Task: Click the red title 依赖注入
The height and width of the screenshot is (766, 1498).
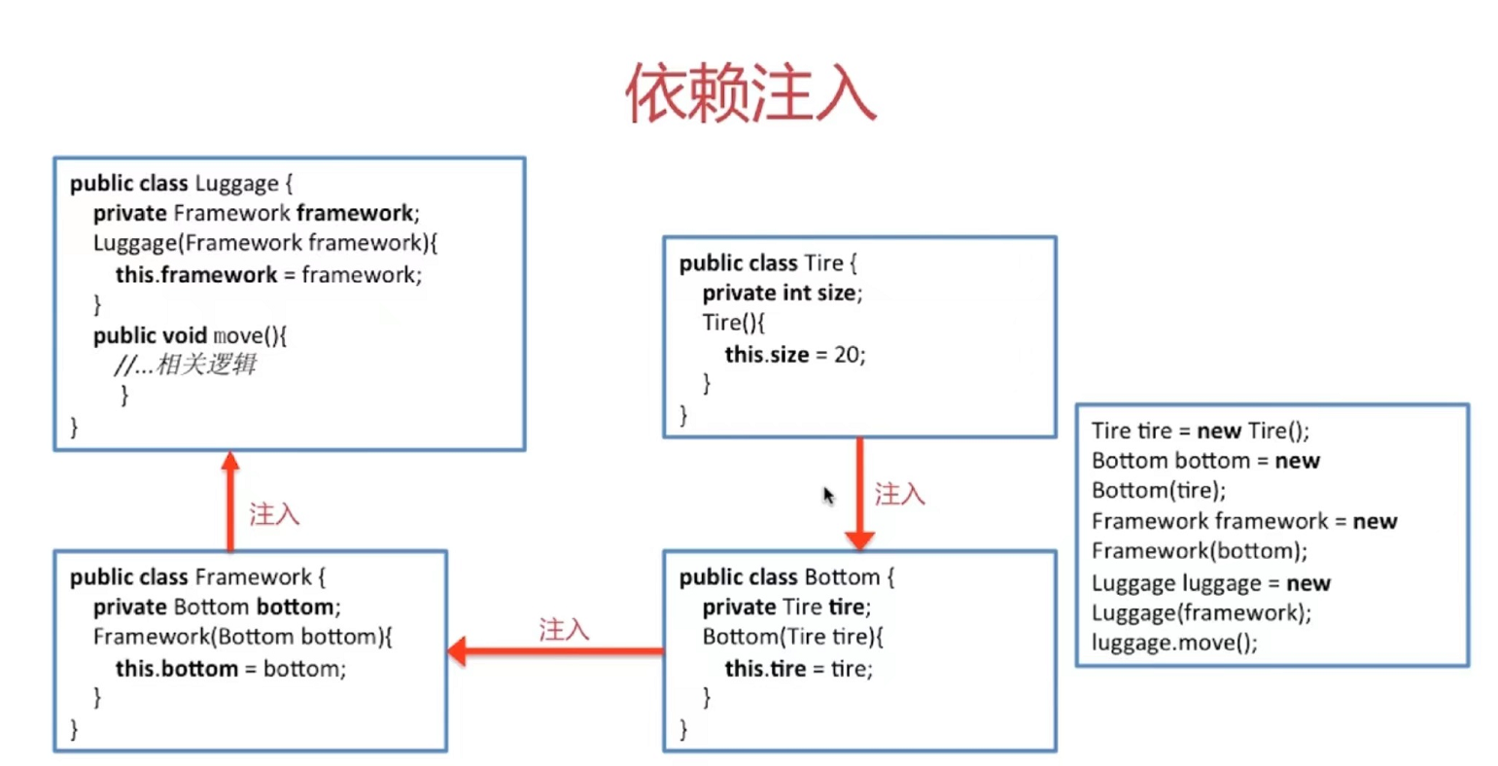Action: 749,94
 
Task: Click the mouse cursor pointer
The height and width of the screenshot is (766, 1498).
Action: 828,496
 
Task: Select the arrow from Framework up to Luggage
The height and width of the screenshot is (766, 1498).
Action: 230,500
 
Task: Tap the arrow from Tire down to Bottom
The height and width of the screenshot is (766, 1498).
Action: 859,492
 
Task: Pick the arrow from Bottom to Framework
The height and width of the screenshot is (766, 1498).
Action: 554,650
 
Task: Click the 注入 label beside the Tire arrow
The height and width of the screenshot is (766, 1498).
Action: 899,494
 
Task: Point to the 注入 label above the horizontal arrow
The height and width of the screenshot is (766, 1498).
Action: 564,629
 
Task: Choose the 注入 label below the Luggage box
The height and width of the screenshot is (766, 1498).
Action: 274,513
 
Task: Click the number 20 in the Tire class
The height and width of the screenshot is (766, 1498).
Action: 847,355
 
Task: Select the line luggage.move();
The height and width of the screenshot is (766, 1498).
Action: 1173,643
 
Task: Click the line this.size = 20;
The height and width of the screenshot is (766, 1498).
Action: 794,355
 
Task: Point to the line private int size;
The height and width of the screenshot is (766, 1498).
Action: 782,293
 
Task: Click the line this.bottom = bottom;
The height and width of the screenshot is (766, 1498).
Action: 230,669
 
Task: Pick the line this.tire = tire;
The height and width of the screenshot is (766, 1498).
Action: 798,669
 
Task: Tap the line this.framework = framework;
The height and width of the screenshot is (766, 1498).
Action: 268,275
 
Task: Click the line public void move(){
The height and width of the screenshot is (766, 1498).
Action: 190,335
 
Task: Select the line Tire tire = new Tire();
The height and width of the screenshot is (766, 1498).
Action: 1200,431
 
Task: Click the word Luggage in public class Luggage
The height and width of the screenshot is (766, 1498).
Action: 236,184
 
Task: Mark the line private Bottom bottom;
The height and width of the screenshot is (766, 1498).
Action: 217,608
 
